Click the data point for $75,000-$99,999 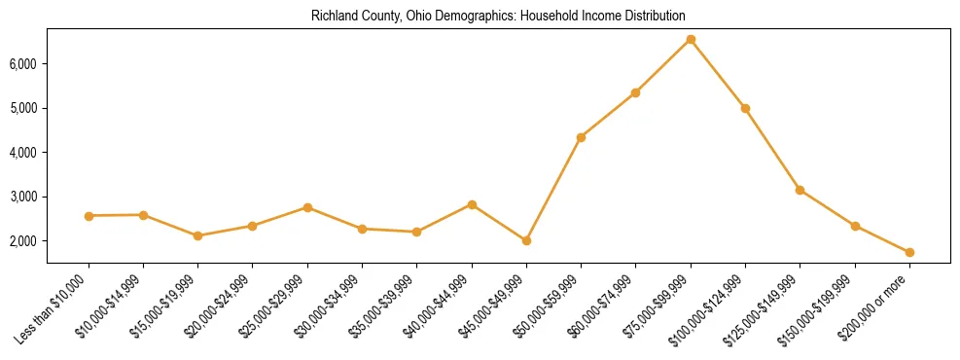pos(691,39)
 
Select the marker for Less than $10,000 pos(89,216)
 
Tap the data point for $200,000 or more pos(909,253)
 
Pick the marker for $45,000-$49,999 pos(526,240)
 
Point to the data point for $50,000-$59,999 pos(581,137)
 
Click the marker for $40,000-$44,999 pos(472,204)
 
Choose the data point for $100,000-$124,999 pos(745,108)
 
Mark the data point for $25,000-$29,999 pos(307,207)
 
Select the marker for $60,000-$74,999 pos(635,92)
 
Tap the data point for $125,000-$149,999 pos(800,190)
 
